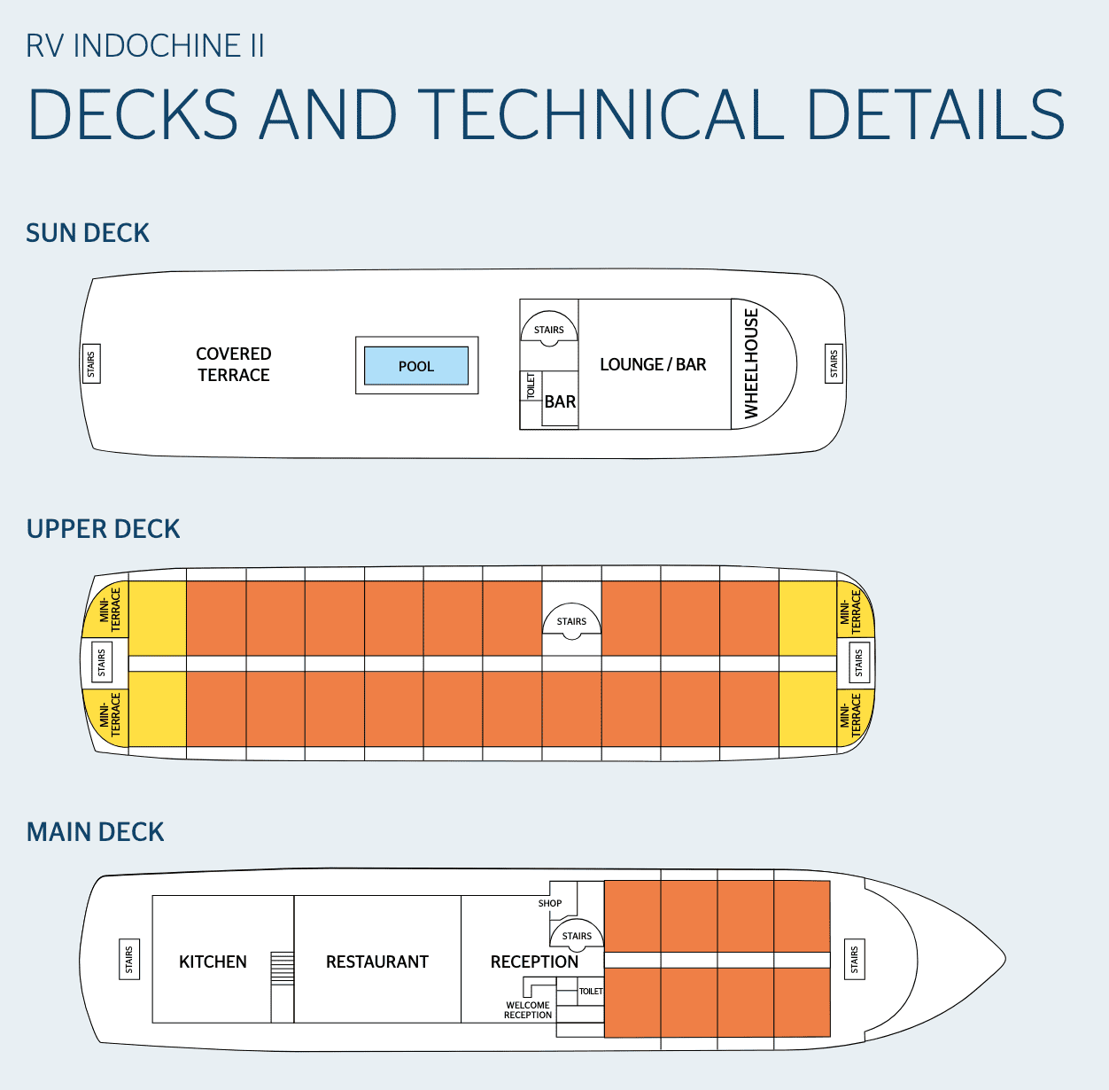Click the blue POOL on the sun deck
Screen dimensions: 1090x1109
pos(416,366)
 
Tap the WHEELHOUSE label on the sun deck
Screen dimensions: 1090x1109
pos(751,363)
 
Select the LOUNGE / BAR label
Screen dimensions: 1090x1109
pos(653,364)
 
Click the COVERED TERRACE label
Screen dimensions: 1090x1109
pos(234,364)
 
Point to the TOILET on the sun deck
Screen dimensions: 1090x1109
pos(531,386)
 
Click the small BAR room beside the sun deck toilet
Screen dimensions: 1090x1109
pos(560,402)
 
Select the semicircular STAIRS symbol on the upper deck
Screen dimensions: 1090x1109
pos(571,620)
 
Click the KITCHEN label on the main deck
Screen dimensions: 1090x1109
pos(213,962)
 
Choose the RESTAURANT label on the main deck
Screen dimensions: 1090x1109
pos(377,962)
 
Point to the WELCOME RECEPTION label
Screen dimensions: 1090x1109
pos(528,1010)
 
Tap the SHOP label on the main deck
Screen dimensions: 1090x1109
pos(550,903)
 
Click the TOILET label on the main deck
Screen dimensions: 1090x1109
pos(591,992)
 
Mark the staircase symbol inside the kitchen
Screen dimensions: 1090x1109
pos(282,968)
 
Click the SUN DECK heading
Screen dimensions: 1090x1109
pos(88,233)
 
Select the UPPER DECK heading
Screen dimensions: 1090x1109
pos(104,529)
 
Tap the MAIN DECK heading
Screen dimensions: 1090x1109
pos(96,832)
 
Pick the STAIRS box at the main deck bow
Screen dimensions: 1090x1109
pos(855,959)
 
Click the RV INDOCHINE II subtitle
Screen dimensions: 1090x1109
pos(145,46)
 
